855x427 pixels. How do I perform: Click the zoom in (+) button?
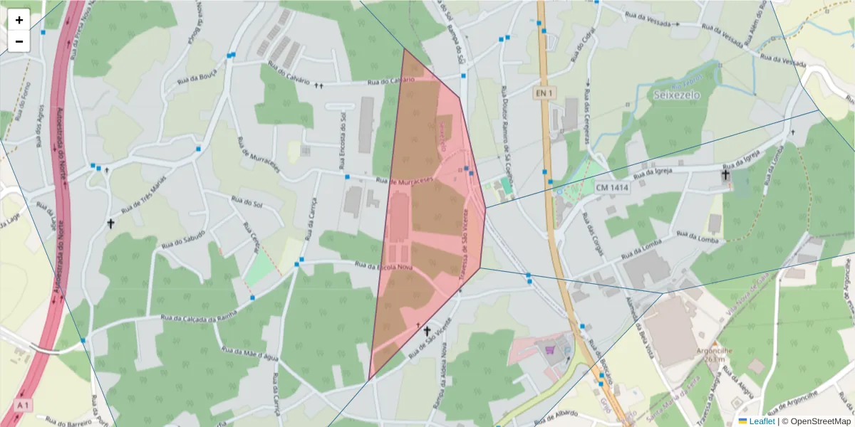(x=19, y=20)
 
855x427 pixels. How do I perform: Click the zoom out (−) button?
(x=19, y=41)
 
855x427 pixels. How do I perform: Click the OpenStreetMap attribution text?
(x=816, y=421)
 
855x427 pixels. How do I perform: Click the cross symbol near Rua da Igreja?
(x=725, y=174)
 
